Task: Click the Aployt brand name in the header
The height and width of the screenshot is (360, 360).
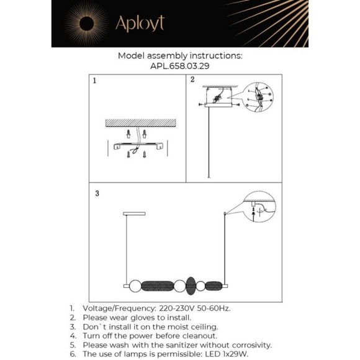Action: coord(140,23)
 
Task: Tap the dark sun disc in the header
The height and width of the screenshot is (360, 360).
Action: coord(86,24)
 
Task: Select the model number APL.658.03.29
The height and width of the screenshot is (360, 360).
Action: coord(180,66)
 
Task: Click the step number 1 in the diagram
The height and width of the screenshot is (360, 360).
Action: coord(94,81)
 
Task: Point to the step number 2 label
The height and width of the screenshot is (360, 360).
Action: coord(192,79)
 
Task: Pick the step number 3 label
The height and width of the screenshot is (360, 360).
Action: coord(97,193)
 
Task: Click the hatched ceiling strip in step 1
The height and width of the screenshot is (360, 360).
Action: coord(141,123)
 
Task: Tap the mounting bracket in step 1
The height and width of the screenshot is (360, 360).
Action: coord(138,146)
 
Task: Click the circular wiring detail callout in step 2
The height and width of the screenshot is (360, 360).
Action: coord(258,97)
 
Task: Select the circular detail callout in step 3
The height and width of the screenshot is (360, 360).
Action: coord(259,207)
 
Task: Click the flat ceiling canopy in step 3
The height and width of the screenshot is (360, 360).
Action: coord(134,214)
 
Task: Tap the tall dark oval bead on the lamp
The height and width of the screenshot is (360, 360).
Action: coord(191,286)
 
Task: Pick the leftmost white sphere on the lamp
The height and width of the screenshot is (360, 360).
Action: coord(135,286)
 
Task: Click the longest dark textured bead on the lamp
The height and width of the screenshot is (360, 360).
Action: coord(158,286)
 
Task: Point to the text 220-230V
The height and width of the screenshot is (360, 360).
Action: coord(177,308)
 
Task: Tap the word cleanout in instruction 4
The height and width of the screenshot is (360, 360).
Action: coord(199,336)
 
